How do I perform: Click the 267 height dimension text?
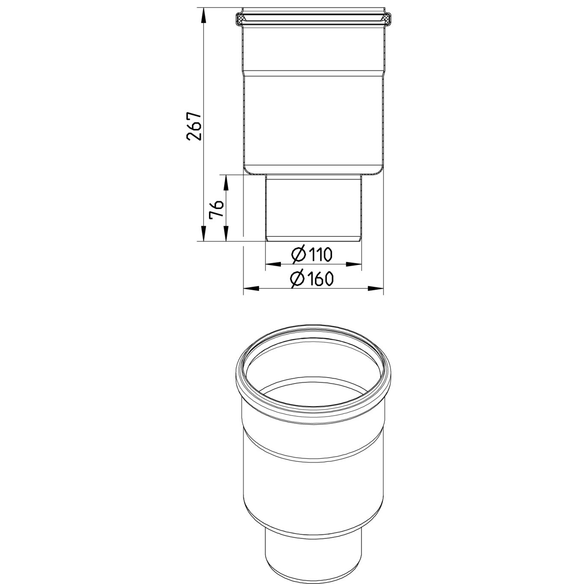(x=193, y=127)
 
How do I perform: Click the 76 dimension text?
(x=216, y=209)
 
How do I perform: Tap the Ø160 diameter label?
(x=312, y=279)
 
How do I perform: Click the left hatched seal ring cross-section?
(x=242, y=18)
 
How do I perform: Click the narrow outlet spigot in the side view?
(x=313, y=207)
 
